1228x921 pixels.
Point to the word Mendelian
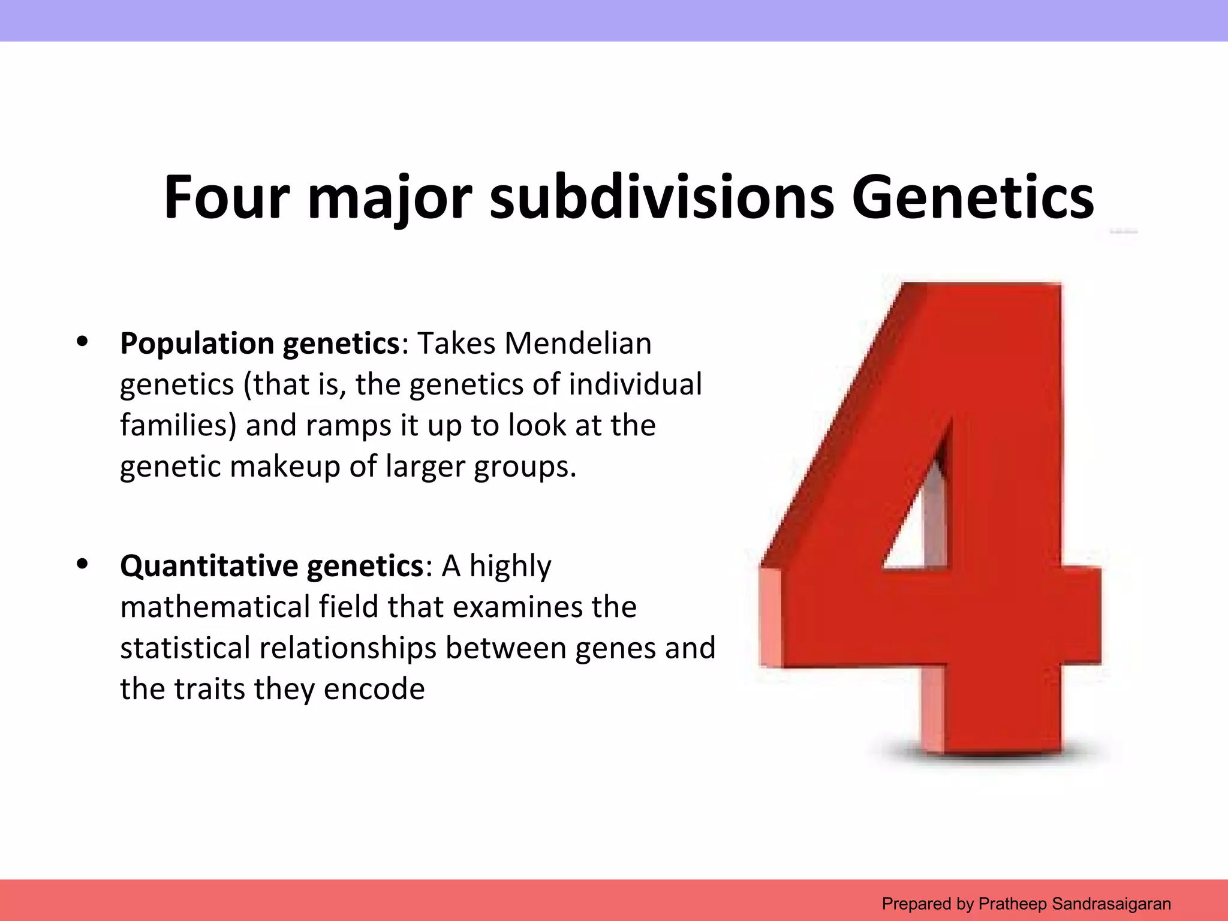coord(577,344)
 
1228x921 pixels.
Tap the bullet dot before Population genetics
coord(82,342)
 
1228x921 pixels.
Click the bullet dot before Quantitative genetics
coord(82,564)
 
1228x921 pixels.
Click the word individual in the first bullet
coord(635,384)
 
